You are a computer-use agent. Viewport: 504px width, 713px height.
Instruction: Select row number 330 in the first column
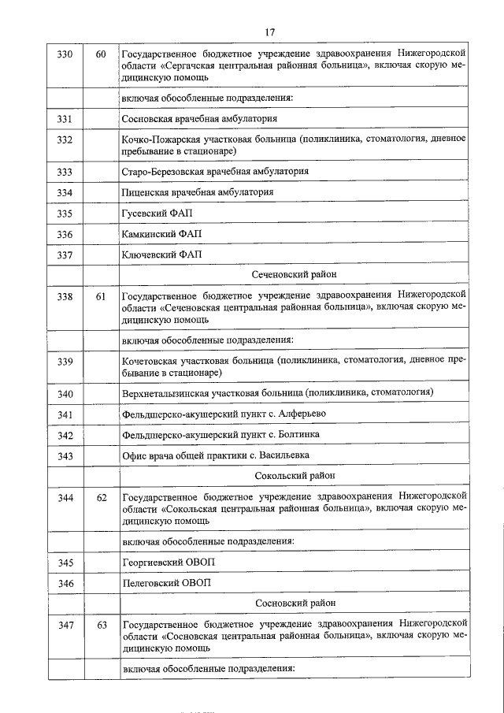click(x=65, y=54)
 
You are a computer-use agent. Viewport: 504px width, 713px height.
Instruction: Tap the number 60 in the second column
click(x=101, y=54)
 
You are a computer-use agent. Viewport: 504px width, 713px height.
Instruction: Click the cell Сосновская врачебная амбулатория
click(x=199, y=119)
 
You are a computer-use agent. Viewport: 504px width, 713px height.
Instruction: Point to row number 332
click(x=65, y=140)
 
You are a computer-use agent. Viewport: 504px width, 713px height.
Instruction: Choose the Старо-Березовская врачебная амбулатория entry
click(x=215, y=171)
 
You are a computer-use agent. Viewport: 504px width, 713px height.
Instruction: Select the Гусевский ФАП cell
click(x=157, y=214)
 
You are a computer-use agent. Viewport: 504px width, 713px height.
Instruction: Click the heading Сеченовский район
click(x=294, y=275)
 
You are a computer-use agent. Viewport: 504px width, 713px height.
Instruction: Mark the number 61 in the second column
click(x=101, y=296)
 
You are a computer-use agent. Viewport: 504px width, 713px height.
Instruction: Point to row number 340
click(x=65, y=393)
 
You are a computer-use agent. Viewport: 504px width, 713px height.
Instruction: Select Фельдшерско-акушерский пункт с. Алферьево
click(x=224, y=414)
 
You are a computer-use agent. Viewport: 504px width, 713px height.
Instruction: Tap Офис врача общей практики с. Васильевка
click(x=216, y=455)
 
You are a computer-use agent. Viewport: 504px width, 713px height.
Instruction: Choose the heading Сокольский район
click(x=295, y=476)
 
